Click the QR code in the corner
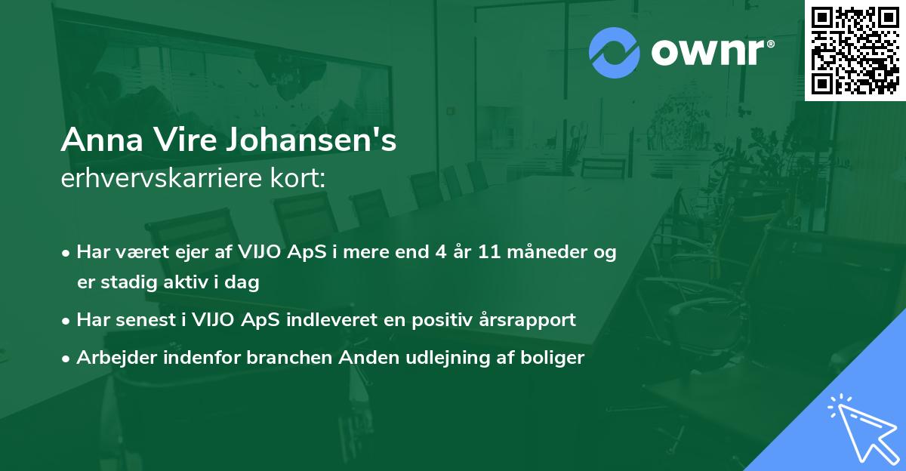click(x=855, y=50)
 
